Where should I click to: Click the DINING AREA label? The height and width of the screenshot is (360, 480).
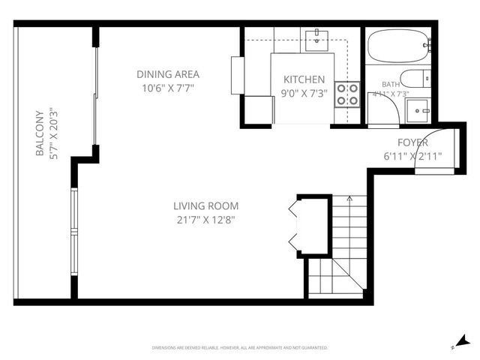167,73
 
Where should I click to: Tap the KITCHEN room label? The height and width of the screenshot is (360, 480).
304,79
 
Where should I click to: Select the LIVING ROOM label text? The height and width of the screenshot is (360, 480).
205,205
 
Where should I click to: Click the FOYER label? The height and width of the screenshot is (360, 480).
412,142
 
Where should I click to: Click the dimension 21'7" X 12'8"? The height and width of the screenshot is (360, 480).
205,220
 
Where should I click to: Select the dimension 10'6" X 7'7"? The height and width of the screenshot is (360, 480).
167,87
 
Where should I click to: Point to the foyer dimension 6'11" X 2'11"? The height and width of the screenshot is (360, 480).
412,156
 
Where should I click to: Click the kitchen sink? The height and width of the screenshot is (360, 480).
317,39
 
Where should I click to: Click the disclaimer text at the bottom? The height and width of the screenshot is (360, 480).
239,347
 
